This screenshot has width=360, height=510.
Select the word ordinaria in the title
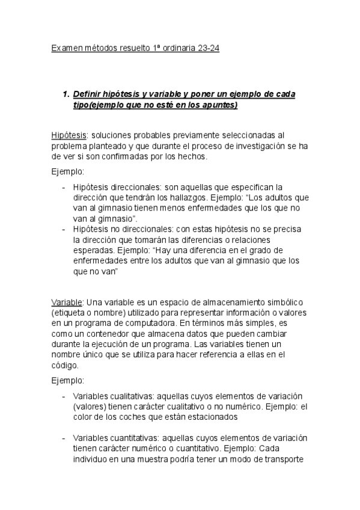tap(175, 48)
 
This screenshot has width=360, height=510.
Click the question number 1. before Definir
tap(66, 94)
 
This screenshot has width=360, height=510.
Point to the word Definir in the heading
tap(87, 94)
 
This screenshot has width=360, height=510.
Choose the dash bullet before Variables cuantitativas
tap(64, 438)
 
